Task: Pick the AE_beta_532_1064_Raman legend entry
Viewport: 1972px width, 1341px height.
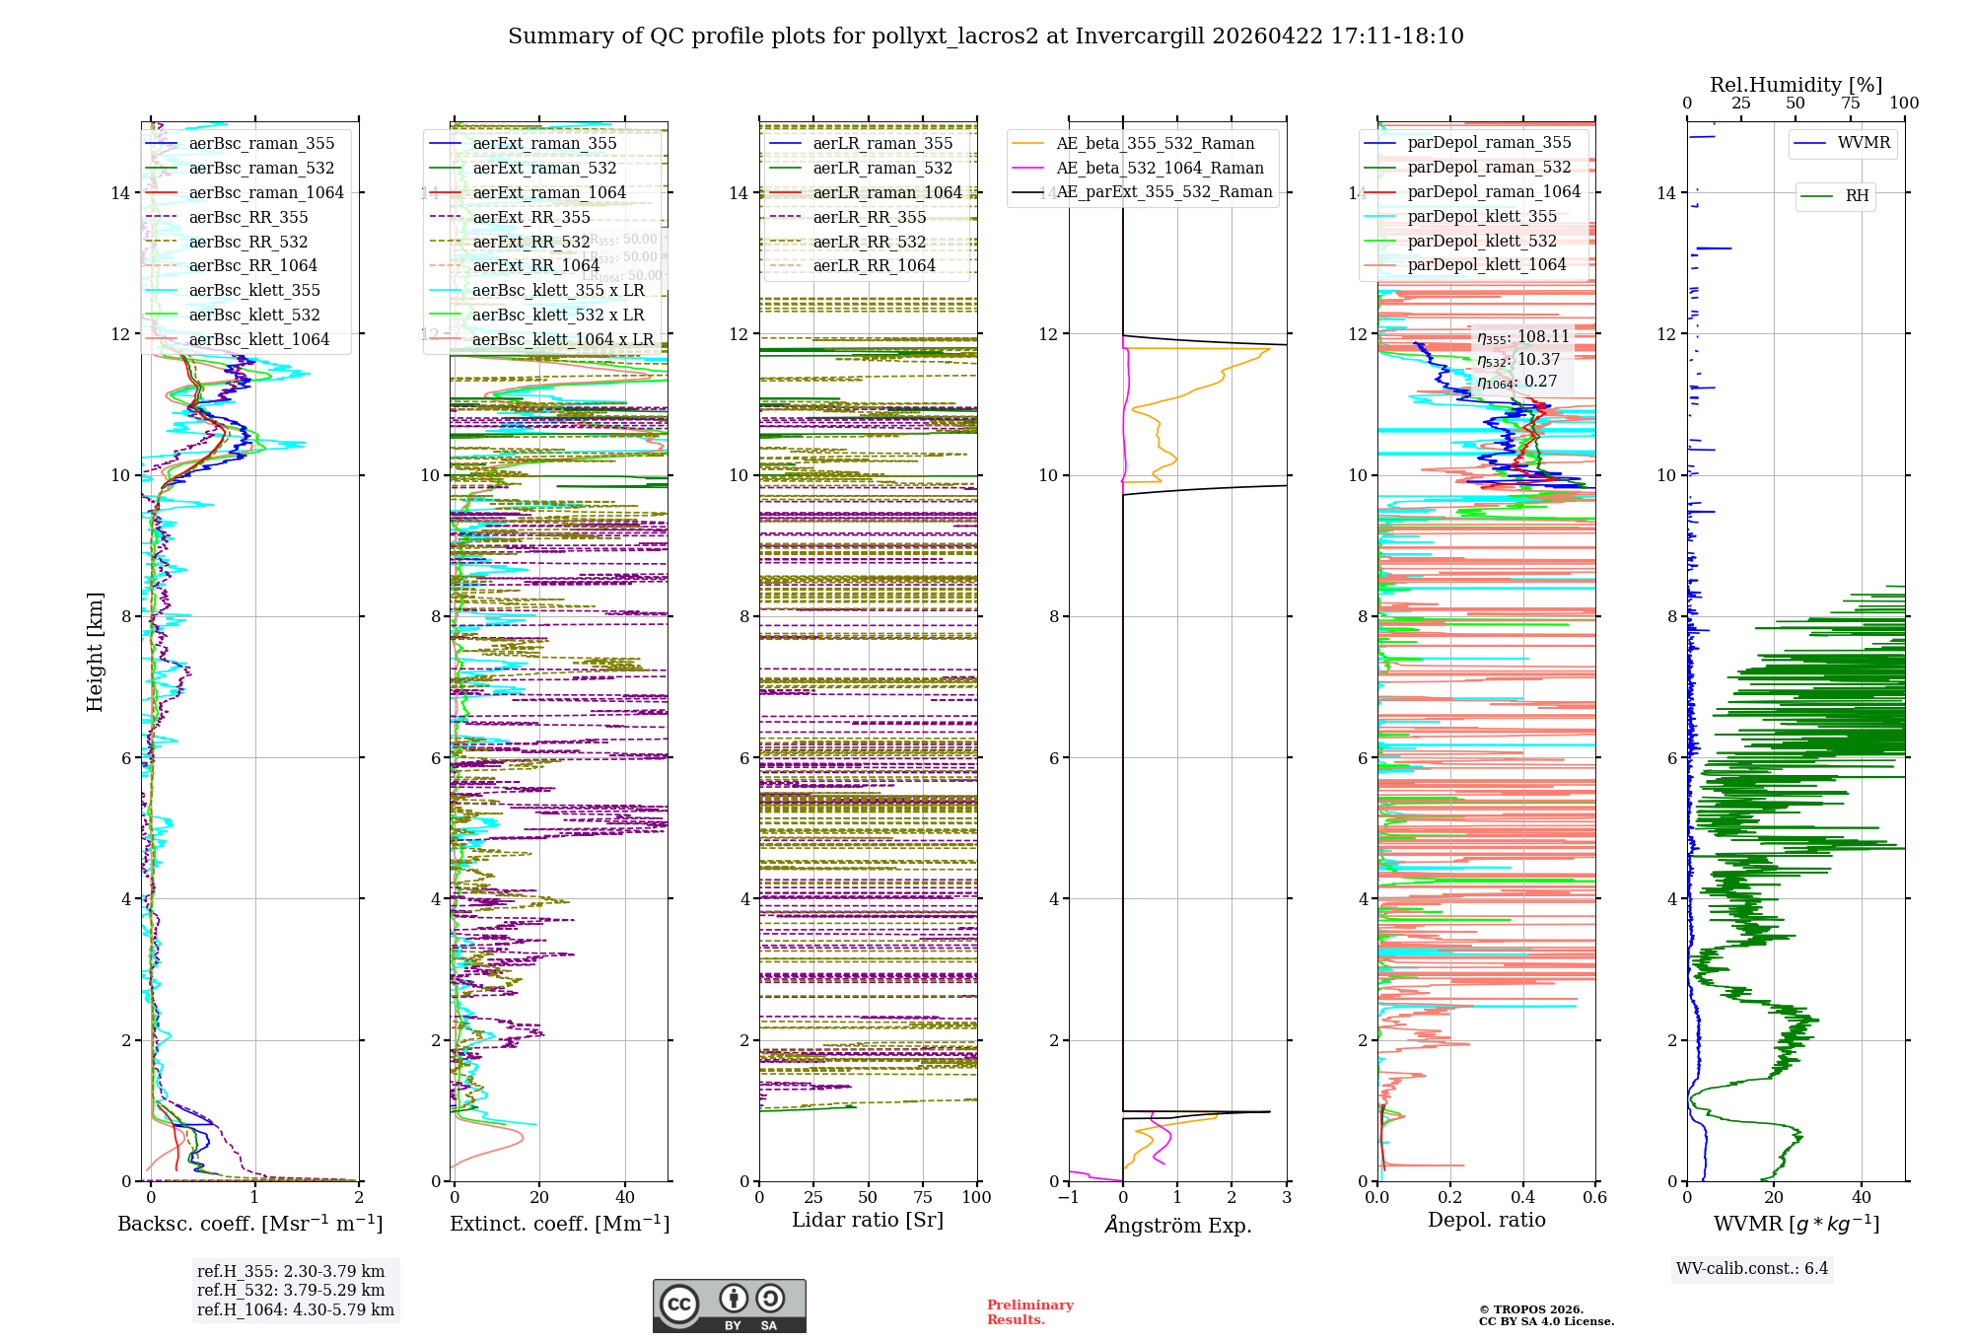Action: coord(1160,168)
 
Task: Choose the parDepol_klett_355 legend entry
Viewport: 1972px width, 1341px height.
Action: coord(1482,216)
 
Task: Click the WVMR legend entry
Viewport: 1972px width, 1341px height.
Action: coord(1864,143)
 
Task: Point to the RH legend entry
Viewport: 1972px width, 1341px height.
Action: coord(1857,195)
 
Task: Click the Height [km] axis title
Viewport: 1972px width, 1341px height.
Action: coord(95,651)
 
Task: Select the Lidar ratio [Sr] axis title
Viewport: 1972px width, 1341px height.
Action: coord(868,1220)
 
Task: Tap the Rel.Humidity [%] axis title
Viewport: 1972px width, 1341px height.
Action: coord(1796,85)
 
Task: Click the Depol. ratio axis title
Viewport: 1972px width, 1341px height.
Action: coord(1486,1220)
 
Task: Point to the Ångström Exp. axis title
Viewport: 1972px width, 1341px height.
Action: coord(1177,1225)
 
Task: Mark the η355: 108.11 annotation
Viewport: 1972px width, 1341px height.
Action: coord(1522,337)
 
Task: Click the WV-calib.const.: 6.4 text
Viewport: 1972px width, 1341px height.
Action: coord(1751,1268)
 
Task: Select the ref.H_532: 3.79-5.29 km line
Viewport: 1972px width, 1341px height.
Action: coord(291,1290)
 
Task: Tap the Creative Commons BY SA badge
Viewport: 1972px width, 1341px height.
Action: coord(729,1306)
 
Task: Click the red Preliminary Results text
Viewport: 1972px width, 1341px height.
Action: coord(1029,1311)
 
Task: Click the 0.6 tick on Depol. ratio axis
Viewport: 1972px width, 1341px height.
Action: coord(1594,1197)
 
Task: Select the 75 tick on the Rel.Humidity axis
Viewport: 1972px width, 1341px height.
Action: coord(1850,103)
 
